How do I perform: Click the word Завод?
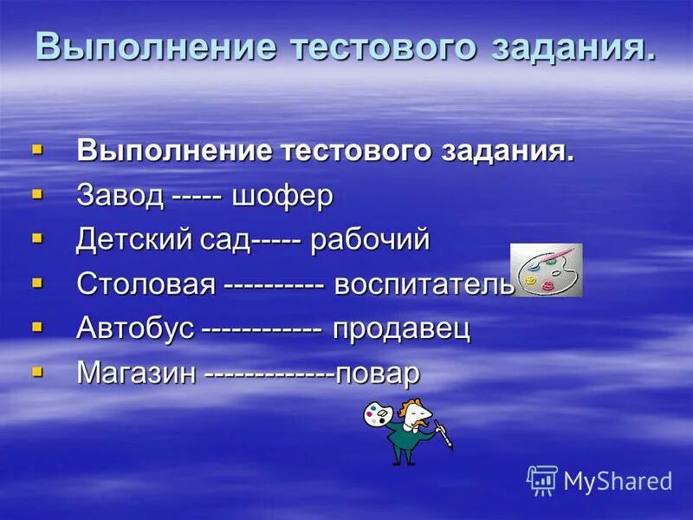[x=120, y=195]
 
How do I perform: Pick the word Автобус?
[x=135, y=329]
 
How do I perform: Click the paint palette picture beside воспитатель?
[x=547, y=270]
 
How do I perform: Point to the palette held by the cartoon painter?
[x=378, y=415]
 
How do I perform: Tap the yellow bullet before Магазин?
[x=37, y=372]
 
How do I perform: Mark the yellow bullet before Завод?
[x=37, y=193]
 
